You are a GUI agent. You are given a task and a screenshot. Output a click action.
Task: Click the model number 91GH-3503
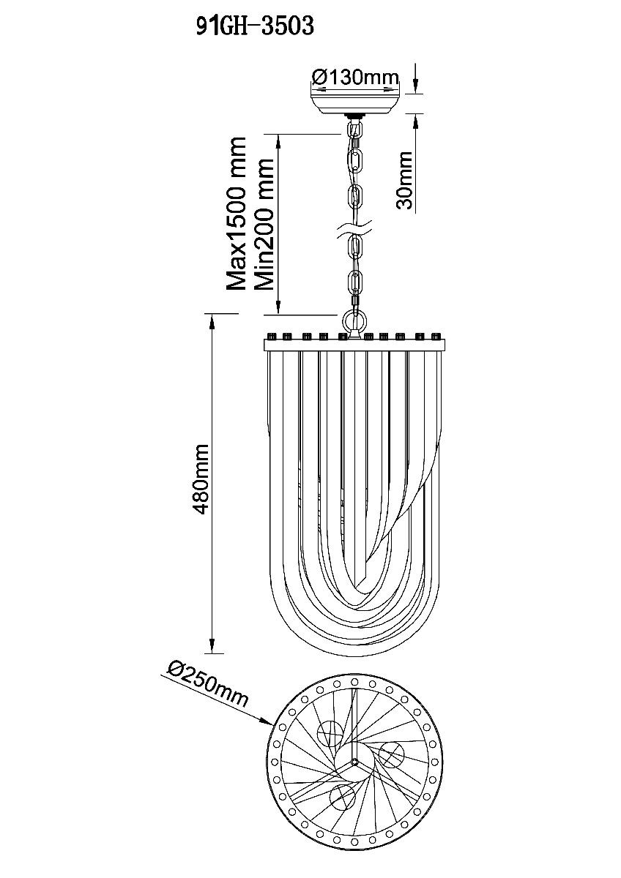click(x=255, y=26)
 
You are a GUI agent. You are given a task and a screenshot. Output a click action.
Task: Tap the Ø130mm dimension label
click(x=355, y=78)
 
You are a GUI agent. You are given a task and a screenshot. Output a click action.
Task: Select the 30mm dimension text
click(x=404, y=181)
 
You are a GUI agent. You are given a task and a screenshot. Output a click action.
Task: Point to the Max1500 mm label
click(x=237, y=214)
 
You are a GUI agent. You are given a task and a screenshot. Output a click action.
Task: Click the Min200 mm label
click(x=263, y=224)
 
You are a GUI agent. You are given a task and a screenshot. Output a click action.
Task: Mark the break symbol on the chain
click(x=355, y=229)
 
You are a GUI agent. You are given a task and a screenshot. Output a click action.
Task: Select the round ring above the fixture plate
click(x=354, y=321)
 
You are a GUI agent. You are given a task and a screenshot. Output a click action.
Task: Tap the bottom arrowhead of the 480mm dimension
click(x=212, y=643)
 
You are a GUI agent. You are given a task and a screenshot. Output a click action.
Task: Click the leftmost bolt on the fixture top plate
click(x=271, y=337)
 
